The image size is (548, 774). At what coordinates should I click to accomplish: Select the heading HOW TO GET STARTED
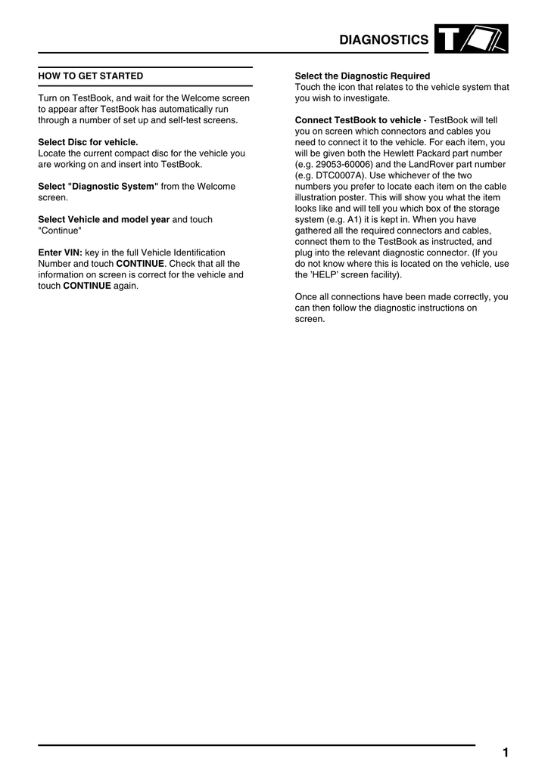click(x=91, y=76)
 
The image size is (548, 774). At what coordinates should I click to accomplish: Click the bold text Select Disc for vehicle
click(x=88, y=142)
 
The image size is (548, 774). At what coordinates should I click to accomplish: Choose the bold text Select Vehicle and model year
click(x=104, y=219)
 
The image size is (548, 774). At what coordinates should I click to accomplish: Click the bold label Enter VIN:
click(x=60, y=252)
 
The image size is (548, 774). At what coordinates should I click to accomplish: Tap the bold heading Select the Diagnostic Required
click(x=362, y=76)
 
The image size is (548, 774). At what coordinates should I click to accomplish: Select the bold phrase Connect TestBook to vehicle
click(x=357, y=120)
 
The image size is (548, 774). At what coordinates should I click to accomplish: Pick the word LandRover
click(x=434, y=164)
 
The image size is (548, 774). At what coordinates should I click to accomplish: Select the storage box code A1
click(x=353, y=219)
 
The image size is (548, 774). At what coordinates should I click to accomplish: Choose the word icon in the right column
click(x=350, y=87)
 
